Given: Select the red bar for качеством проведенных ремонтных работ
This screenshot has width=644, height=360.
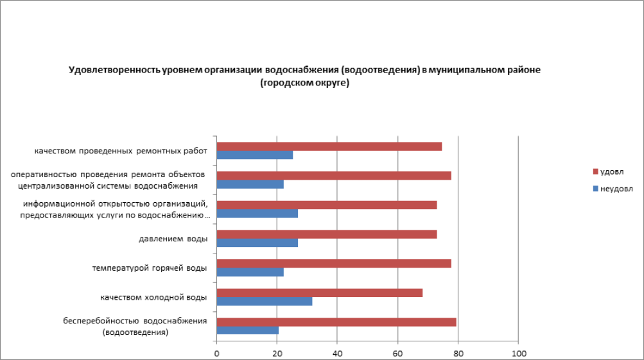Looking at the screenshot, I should pyautogui.click(x=329, y=146).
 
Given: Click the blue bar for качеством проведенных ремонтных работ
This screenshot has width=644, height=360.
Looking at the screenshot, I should pyautogui.click(x=255, y=155).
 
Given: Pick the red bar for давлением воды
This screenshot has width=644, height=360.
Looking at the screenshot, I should pyautogui.click(x=327, y=234).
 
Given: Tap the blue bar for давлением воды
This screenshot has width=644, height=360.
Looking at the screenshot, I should pyautogui.click(x=257, y=243).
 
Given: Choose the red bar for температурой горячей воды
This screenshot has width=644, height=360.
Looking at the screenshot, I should pyautogui.click(x=334, y=263).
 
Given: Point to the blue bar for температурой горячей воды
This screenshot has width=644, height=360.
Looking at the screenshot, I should pyautogui.click(x=250, y=272).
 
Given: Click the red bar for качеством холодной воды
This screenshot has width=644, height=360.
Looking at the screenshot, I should pyautogui.click(x=320, y=293).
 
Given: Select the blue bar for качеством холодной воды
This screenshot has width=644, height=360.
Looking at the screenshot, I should pyautogui.click(x=265, y=302).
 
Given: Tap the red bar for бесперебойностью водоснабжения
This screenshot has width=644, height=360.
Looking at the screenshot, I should pyautogui.click(x=336, y=322).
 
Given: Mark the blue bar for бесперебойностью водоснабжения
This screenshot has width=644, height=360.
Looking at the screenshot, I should pyautogui.click(x=248, y=330).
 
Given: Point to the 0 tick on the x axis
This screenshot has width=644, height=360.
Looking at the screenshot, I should pyautogui.click(x=217, y=353).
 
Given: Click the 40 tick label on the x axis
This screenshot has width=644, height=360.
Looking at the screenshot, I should pyautogui.click(x=337, y=353).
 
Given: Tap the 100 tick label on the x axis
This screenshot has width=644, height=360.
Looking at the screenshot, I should pyautogui.click(x=518, y=353).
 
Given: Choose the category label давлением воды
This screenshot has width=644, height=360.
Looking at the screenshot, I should pyautogui.click(x=173, y=239).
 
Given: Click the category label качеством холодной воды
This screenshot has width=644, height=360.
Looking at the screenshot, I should pyautogui.click(x=153, y=297).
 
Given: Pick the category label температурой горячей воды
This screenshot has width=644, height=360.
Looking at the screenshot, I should pyautogui.click(x=150, y=268).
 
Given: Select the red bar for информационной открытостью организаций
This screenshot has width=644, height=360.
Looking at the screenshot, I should pyautogui.click(x=327, y=205).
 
